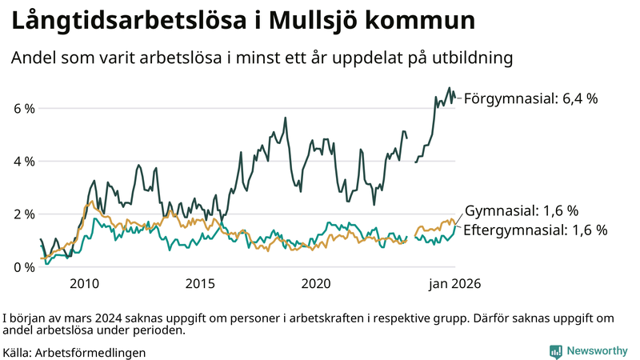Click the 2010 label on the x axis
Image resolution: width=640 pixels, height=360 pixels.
[84, 284]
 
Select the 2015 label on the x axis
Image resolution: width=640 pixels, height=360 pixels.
[201, 284]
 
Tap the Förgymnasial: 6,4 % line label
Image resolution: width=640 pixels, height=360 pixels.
[530, 98]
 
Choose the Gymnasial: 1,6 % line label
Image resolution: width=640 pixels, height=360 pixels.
[521, 211]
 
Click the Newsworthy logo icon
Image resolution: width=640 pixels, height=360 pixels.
[555, 351]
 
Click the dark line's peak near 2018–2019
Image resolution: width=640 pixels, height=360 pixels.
[286, 118]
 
